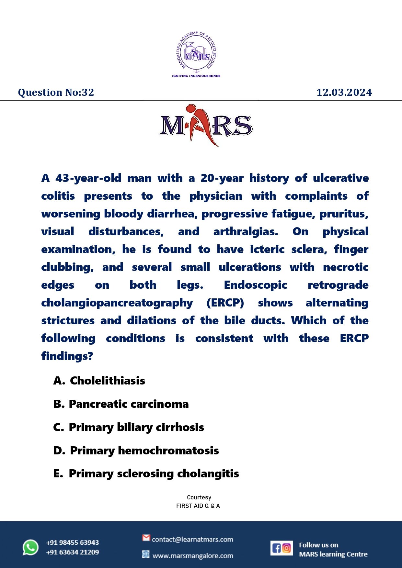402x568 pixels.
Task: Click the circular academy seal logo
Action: pyautogui.click(x=196, y=52)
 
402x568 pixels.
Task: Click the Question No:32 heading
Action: pyautogui.click(x=56, y=93)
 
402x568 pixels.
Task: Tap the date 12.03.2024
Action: pyautogui.click(x=344, y=93)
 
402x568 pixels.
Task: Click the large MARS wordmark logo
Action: pyautogui.click(x=206, y=125)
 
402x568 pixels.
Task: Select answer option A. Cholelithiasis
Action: pyautogui.click(x=99, y=381)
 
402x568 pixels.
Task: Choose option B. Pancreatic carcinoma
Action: pyautogui.click(x=121, y=404)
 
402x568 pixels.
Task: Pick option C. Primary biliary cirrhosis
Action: pyautogui.click(x=129, y=427)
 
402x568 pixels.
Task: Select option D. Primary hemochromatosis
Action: pyautogui.click(x=136, y=451)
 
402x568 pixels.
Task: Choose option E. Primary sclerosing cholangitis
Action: pyautogui.click(x=146, y=473)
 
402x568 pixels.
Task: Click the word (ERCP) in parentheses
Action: pyautogui.click(x=225, y=303)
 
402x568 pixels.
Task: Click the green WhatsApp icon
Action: pyautogui.click(x=31, y=548)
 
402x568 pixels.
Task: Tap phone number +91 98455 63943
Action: pyautogui.click(x=73, y=542)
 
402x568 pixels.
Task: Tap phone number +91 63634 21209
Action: pyautogui.click(x=73, y=552)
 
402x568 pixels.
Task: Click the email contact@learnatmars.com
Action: pyautogui.click(x=192, y=540)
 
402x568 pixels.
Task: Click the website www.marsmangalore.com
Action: pyautogui.click(x=193, y=556)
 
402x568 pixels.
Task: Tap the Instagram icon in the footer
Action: pyautogui.click(x=287, y=548)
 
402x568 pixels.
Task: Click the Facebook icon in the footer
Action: pyautogui.click(x=276, y=548)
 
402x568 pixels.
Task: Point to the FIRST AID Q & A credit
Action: pyautogui.click(x=198, y=506)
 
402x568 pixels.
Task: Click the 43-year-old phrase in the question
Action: pyautogui.click(x=88, y=178)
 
